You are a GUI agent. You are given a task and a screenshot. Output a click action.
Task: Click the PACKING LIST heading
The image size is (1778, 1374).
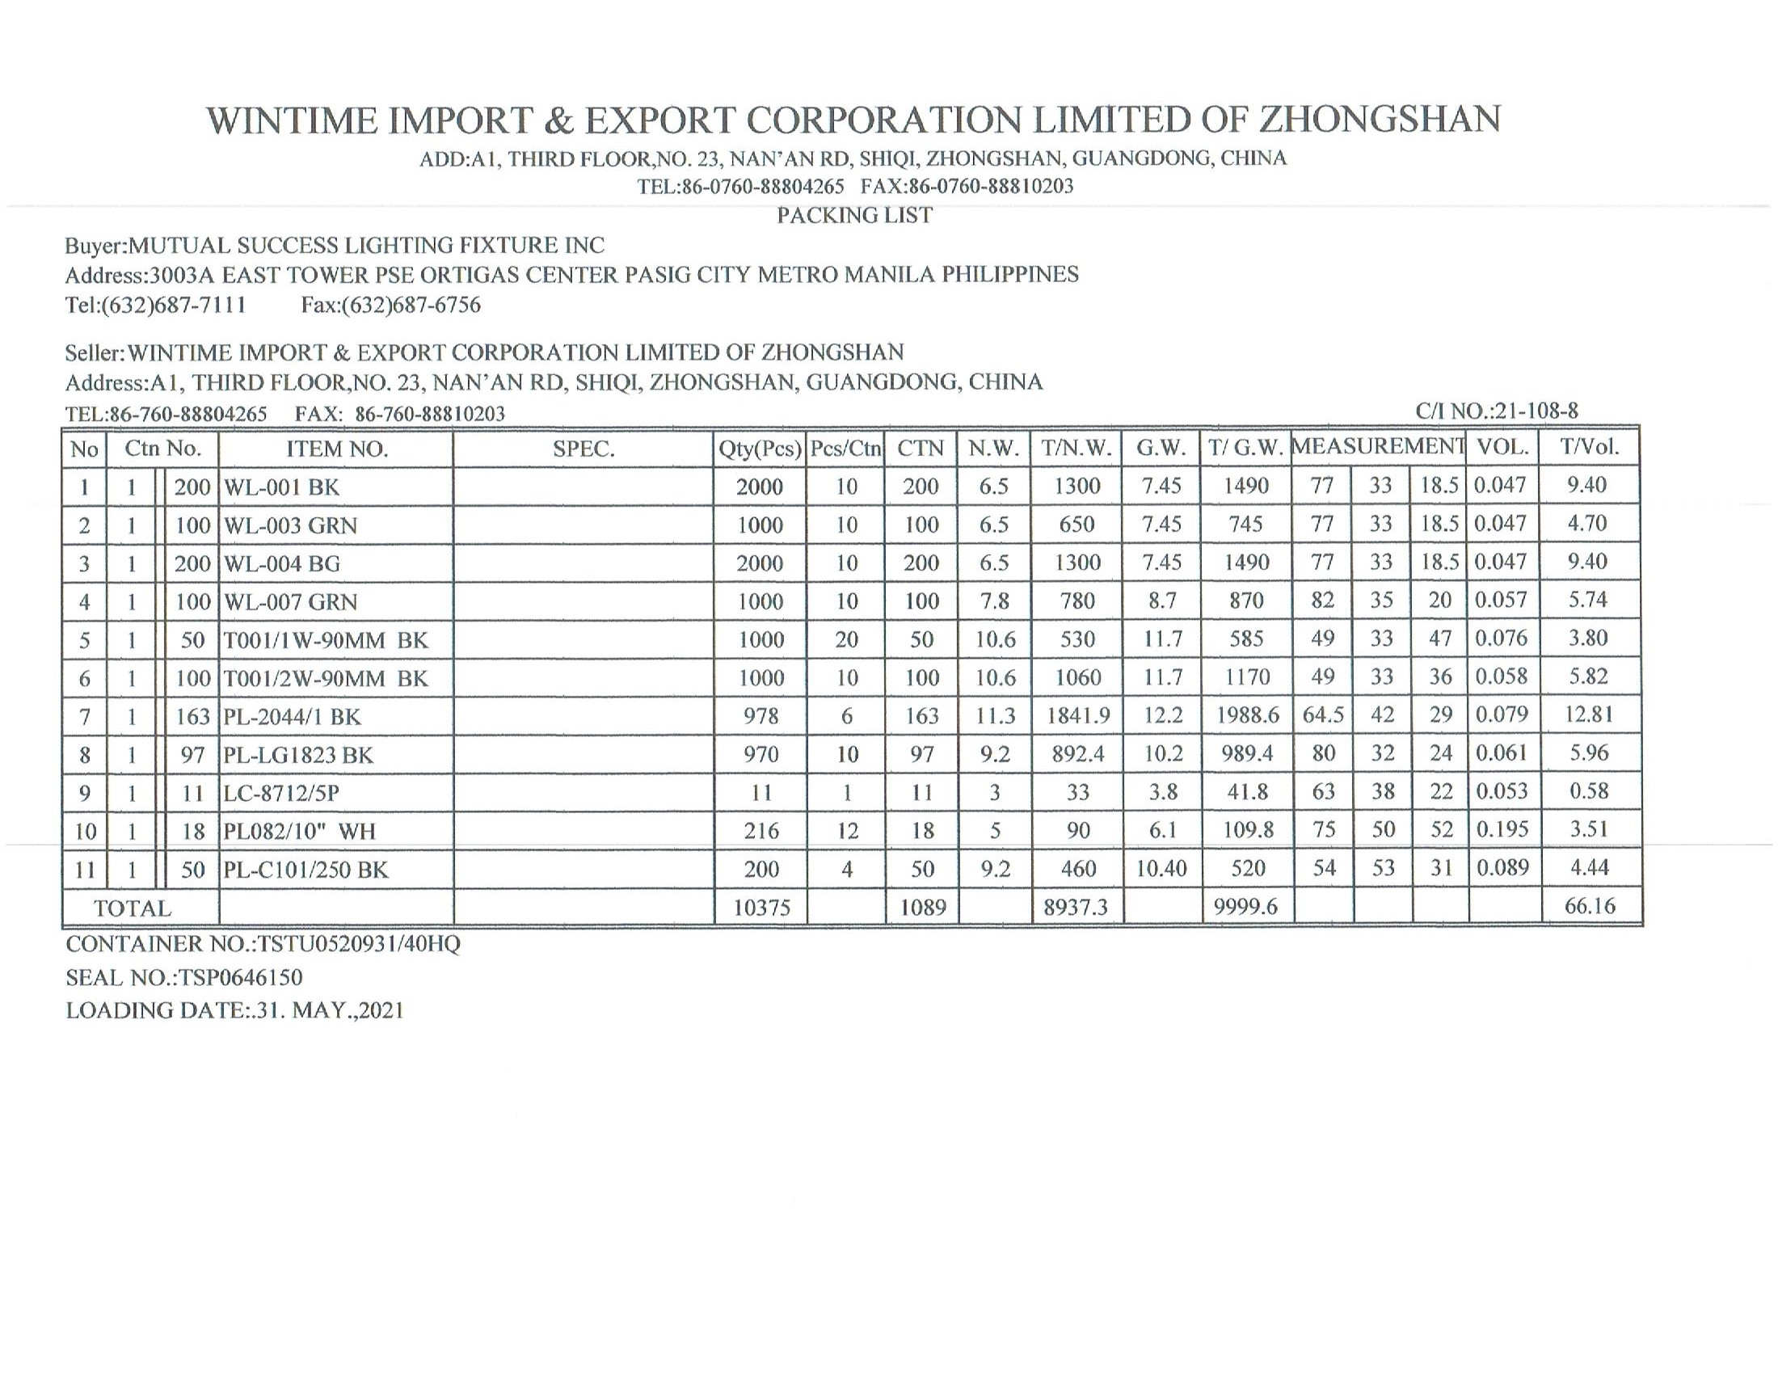pos(854,216)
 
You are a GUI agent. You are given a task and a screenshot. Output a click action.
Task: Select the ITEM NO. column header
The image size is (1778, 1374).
pos(337,449)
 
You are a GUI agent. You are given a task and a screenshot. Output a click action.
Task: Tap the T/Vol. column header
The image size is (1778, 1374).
pos(1589,446)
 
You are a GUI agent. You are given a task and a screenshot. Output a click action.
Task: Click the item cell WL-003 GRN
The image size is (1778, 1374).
pos(291,525)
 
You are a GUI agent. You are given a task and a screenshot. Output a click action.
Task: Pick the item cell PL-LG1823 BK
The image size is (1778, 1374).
pos(299,756)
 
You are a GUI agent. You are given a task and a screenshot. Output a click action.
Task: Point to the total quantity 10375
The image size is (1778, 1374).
pos(761,908)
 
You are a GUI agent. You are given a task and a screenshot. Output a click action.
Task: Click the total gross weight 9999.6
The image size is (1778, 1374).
pos(1245,907)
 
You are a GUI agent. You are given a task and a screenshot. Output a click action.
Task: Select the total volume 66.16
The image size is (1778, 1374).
pos(1589,906)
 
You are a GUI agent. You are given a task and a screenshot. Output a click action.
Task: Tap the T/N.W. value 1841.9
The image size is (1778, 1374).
pos(1078,715)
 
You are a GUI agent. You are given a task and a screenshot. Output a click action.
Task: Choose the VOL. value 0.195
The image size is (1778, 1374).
pos(1502,829)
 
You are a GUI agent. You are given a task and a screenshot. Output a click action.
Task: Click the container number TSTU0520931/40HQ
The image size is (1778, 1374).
pos(359,944)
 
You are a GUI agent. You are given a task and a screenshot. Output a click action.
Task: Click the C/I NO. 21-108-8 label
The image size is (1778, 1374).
pos(1496,412)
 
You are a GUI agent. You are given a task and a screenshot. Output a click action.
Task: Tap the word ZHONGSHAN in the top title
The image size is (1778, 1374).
pos(1380,120)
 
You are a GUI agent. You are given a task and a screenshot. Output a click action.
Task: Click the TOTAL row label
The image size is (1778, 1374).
pos(133,908)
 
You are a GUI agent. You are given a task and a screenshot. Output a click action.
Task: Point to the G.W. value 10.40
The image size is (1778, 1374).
pos(1161,869)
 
